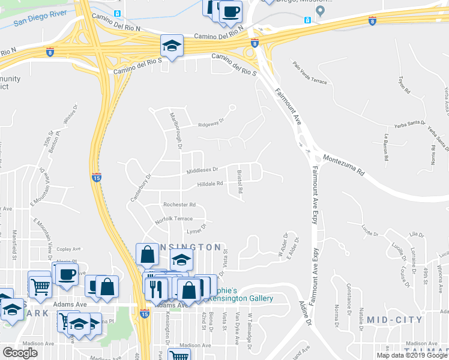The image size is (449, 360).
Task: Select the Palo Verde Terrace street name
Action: click(310, 73)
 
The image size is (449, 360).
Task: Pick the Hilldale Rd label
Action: click(210, 184)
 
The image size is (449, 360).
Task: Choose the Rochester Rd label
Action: click(179, 204)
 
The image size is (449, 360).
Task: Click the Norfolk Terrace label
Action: click(173, 219)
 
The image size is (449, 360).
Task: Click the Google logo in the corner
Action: click(20, 353)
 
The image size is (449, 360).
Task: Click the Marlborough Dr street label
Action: click(175, 130)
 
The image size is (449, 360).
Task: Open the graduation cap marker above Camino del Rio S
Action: click(172, 46)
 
